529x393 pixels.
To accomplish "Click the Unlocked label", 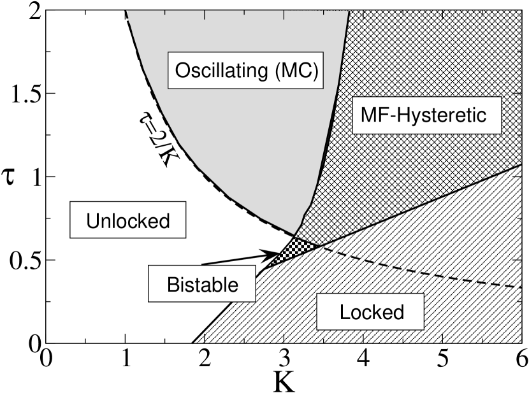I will [x=129, y=220].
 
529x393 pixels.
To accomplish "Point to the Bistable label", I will [x=202, y=284].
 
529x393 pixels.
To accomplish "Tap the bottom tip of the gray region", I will [x=295, y=234].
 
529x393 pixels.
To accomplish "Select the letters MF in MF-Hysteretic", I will [x=373, y=115].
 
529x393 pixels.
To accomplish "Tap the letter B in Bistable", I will [x=172, y=284].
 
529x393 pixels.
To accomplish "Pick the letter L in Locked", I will [x=344, y=312].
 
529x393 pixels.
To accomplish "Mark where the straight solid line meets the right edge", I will [x=521, y=166].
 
